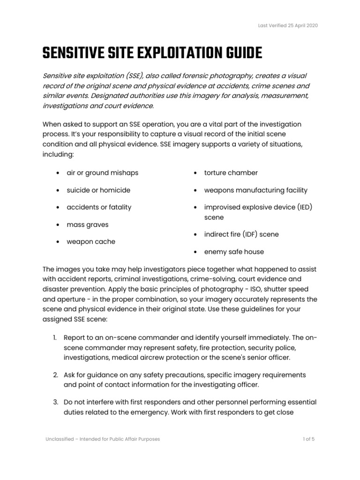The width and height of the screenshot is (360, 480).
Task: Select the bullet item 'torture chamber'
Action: [x=231, y=173]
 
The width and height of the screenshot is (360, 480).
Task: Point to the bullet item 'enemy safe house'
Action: [x=234, y=252]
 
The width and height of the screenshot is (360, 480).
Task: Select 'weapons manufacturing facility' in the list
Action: [x=255, y=190]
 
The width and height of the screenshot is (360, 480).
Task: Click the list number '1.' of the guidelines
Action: [x=55, y=338]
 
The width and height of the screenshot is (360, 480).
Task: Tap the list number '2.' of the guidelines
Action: [x=55, y=375]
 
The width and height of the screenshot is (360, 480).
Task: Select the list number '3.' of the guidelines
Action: [x=55, y=402]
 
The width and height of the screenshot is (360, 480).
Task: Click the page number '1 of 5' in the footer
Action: [x=308, y=439]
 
